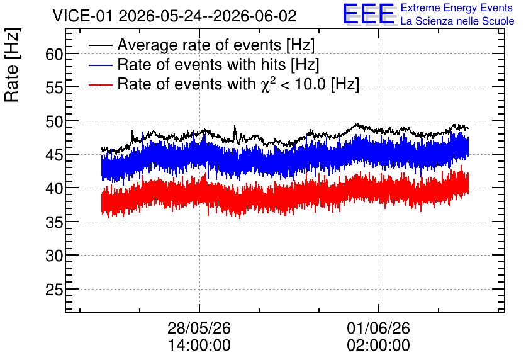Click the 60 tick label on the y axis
[x=54, y=54]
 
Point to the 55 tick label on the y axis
[x=54, y=88]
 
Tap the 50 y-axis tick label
[x=54, y=121]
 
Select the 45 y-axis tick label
[x=54, y=155]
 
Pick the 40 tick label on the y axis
[x=54, y=189]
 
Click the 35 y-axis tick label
[x=54, y=222]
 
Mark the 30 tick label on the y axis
[x=54, y=256]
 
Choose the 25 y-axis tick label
[x=54, y=290]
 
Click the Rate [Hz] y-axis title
[x=13, y=65]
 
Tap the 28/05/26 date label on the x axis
[x=199, y=328]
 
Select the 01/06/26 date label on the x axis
[x=378, y=328]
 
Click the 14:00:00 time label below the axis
[x=199, y=346]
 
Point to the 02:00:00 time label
[x=378, y=346]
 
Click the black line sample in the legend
[x=100, y=45]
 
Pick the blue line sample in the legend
[x=100, y=65]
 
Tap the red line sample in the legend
[x=100, y=84]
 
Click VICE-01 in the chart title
[x=82, y=16]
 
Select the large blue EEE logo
[x=369, y=14]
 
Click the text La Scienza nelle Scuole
[x=457, y=21]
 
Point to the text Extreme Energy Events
[x=457, y=8]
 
